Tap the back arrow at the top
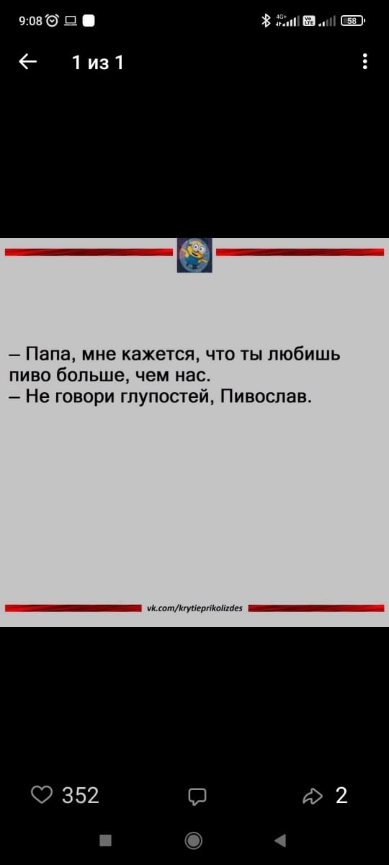28,61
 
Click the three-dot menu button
365,61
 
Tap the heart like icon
42,795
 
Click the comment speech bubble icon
197,797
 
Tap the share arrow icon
313,796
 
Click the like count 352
81,796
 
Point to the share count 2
341,796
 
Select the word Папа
50,354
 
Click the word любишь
305,354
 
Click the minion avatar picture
194,255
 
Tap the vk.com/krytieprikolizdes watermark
195,608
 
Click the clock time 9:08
30,20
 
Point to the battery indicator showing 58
352,20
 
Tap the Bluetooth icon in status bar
266,20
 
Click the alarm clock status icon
53,20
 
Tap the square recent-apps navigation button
105,840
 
